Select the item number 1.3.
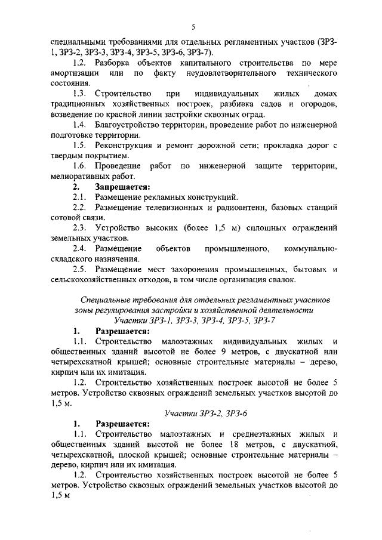click(80, 94)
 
